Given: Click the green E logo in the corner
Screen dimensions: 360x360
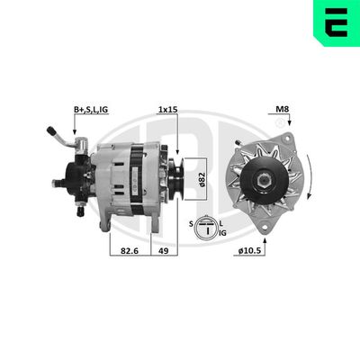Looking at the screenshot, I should coord(334,23).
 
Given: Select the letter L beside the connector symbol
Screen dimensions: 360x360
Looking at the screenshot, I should coord(221,221).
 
